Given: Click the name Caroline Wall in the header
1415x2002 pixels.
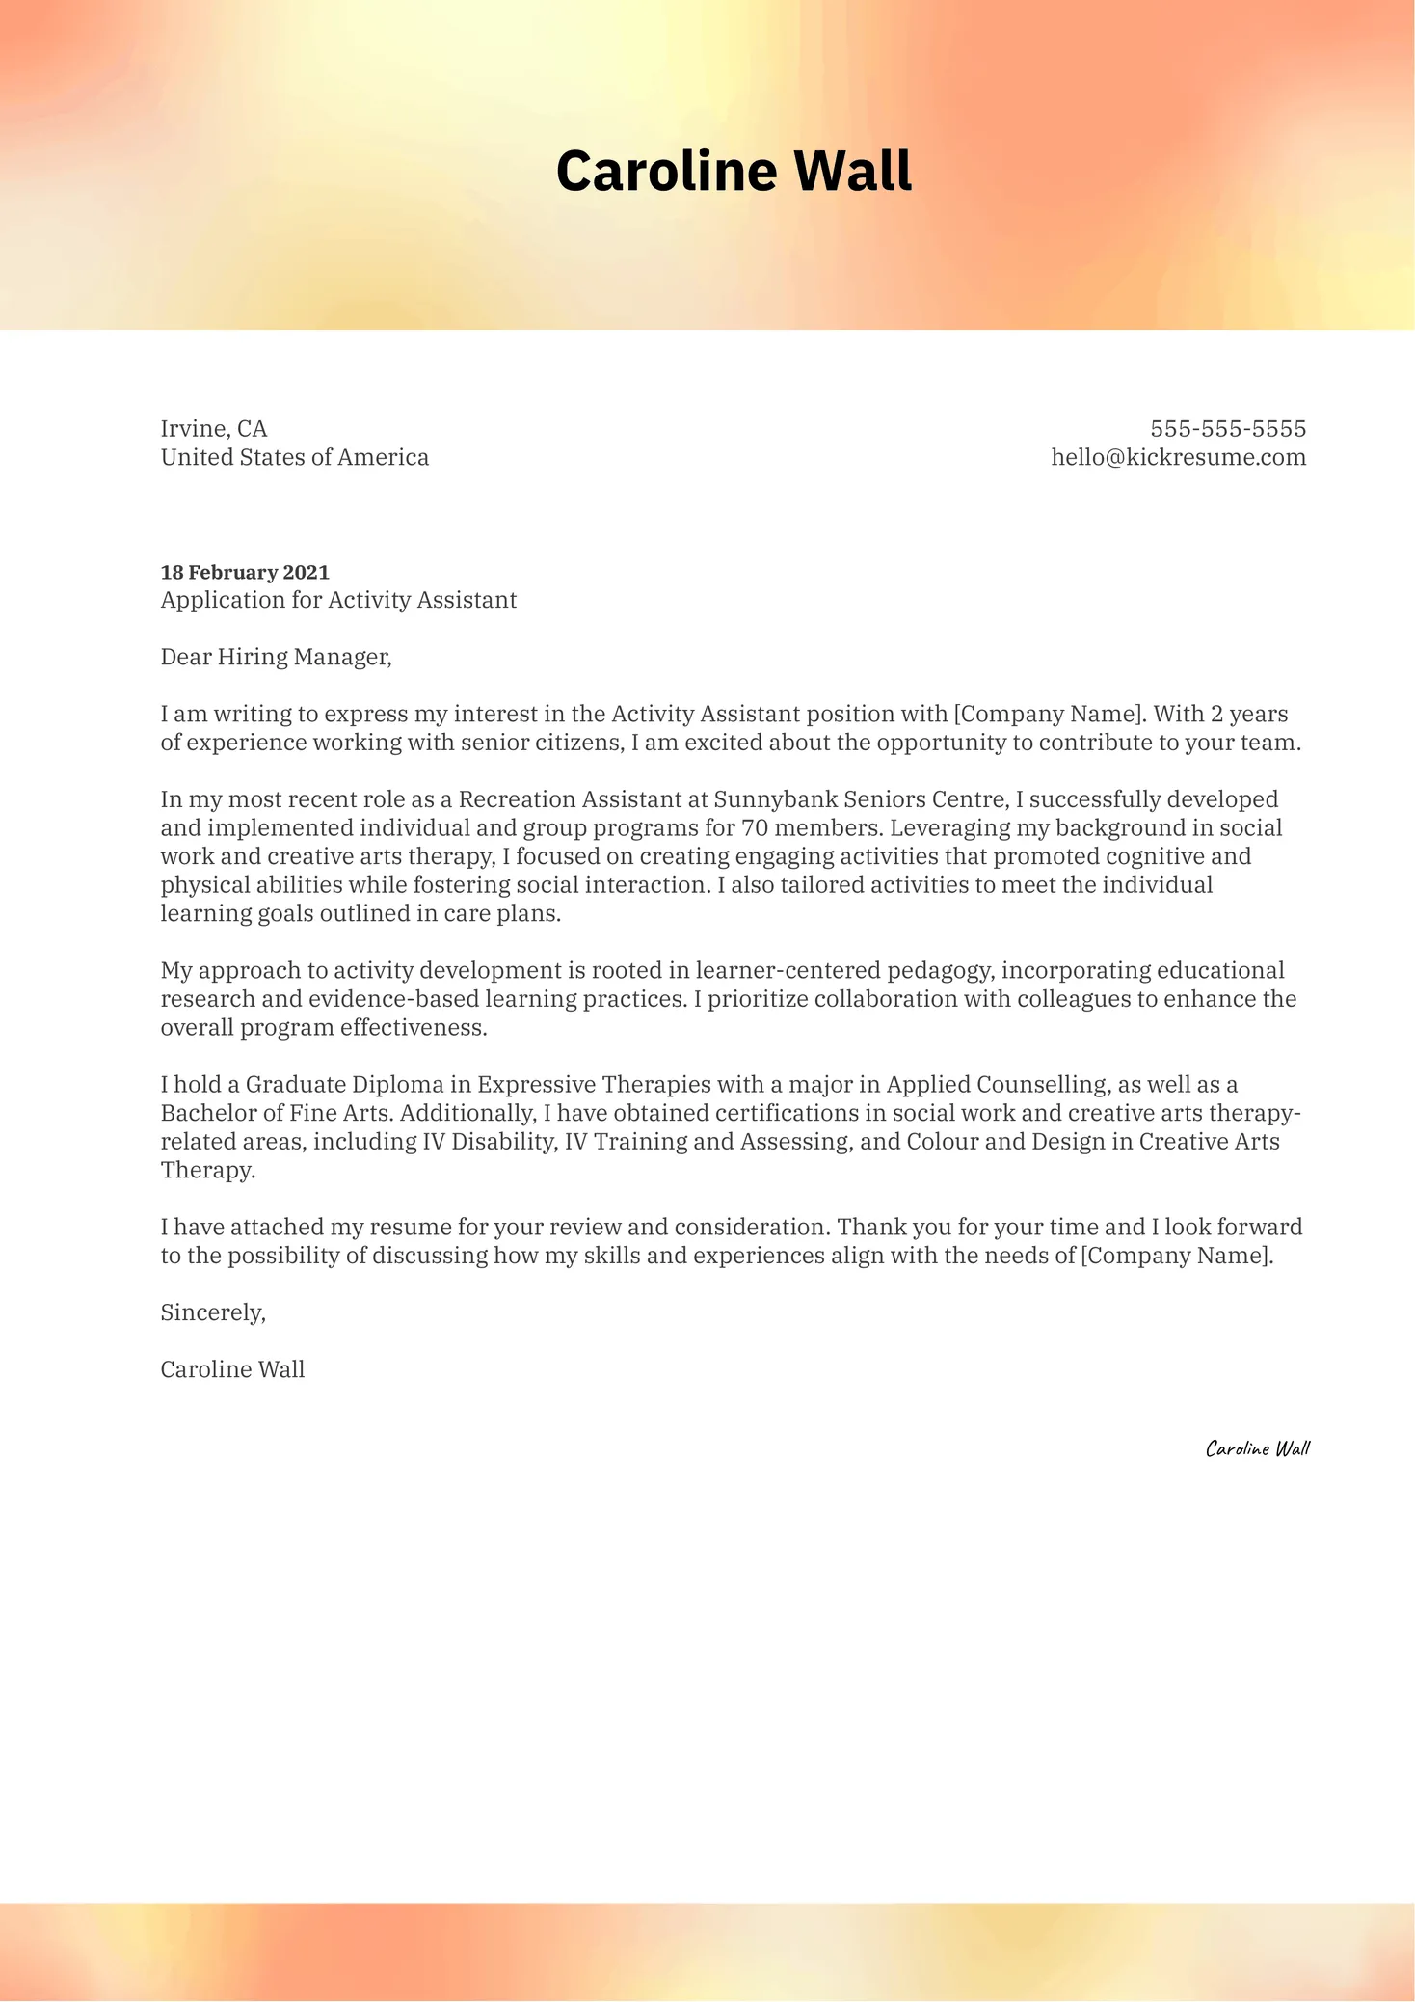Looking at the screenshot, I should (734, 172).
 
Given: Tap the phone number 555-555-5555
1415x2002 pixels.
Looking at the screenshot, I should (1228, 428).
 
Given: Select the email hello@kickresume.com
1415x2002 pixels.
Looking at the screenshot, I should (1178, 457).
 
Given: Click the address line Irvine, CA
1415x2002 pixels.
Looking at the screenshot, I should (214, 428).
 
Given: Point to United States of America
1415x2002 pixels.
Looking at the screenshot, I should (295, 457).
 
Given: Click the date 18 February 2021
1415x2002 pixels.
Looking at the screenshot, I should (245, 572).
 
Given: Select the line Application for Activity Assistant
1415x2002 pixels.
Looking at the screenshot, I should (338, 600).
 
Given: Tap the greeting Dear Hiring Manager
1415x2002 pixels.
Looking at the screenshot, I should (276, 657).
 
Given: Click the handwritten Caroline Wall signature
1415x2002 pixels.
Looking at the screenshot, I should (1257, 1448).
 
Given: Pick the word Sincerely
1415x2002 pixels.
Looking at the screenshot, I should (212, 1312).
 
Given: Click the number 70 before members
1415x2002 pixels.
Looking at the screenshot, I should (755, 828).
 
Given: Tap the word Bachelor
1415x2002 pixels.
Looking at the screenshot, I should (208, 1113).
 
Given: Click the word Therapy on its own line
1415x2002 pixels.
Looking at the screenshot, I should (207, 1171).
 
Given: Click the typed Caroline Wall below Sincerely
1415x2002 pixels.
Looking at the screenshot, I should (232, 1369).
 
